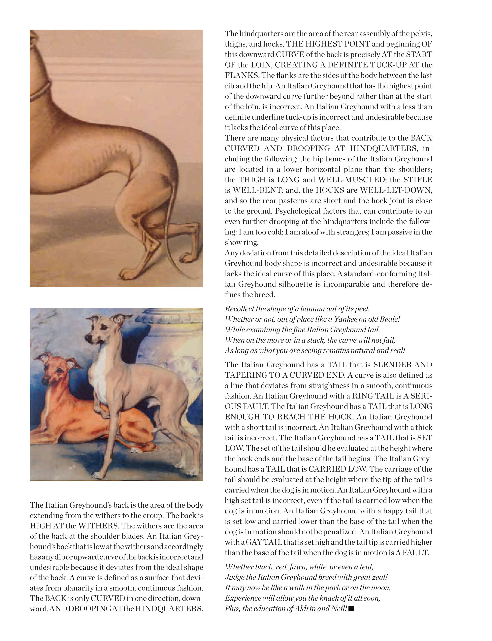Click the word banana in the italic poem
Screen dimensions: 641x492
pyautogui.click(x=311, y=309)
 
